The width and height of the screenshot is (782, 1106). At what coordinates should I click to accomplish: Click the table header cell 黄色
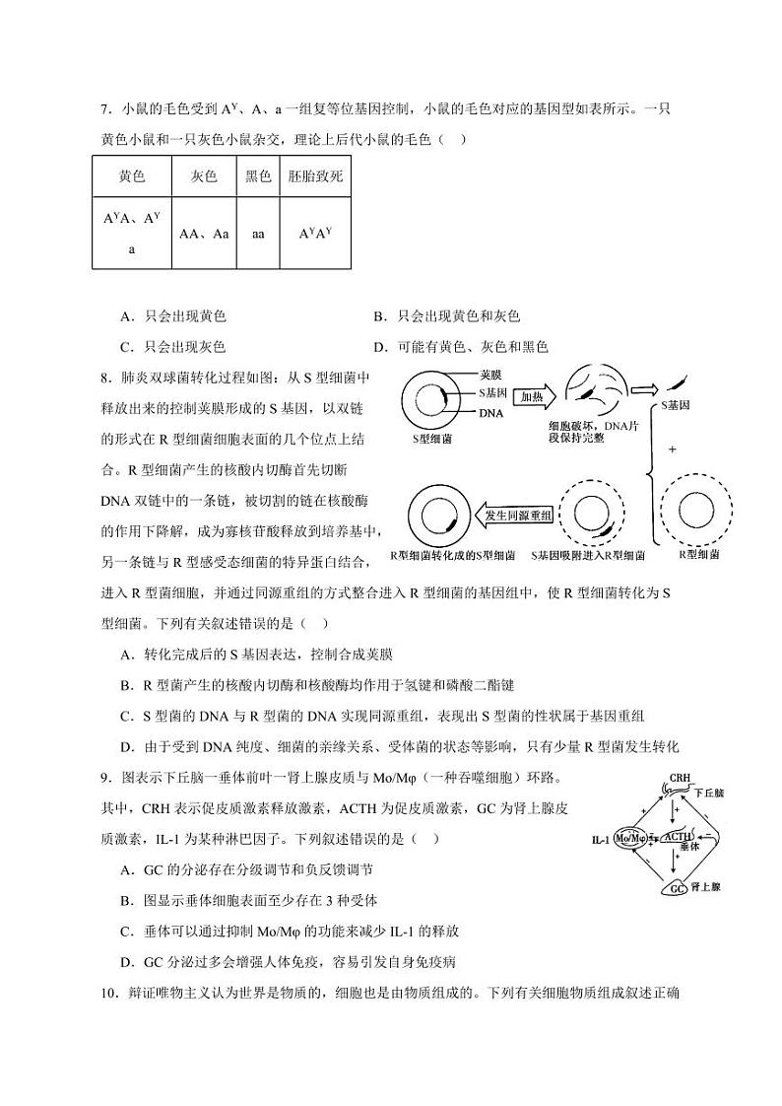coord(131,176)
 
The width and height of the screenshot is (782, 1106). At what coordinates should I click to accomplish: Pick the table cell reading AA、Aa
coord(204,235)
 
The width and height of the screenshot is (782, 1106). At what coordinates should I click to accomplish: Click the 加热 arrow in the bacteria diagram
coord(533,397)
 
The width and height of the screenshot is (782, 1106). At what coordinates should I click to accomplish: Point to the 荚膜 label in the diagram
coord(491,376)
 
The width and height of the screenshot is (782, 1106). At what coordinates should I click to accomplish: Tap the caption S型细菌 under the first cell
coord(433,439)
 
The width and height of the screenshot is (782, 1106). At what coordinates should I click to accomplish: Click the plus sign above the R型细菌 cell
coord(673,449)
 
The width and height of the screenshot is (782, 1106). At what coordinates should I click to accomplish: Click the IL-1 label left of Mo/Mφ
coord(600,840)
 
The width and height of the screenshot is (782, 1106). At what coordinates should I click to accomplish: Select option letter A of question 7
coord(125,316)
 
